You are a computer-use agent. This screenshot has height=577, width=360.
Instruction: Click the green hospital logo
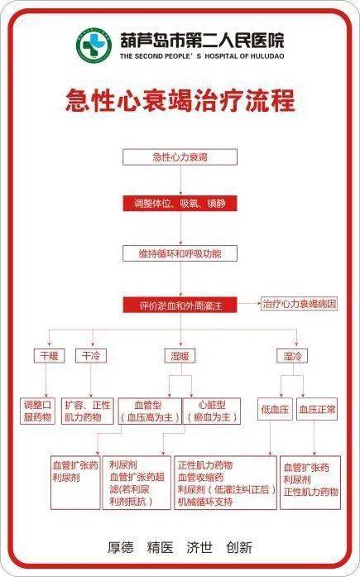(94, 46)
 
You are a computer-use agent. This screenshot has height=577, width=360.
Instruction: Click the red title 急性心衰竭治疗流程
(180, 100)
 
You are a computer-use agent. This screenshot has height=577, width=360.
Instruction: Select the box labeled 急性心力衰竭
(180, 157)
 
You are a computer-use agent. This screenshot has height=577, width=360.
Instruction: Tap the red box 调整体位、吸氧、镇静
(180, 203)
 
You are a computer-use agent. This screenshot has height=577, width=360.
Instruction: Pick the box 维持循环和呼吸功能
(180, 253)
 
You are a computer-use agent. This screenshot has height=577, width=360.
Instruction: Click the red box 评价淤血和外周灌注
(180, 305)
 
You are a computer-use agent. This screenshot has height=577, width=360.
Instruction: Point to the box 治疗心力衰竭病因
(299, 304)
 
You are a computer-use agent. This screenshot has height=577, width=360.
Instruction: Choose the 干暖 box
(50, 356)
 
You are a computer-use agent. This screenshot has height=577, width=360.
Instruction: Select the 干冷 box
(91, 356)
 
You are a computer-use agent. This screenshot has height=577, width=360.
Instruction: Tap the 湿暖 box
(180, 356)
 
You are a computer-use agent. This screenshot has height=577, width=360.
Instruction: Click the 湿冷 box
(292, 356)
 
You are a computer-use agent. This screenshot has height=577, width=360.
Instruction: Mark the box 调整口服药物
(37, 411)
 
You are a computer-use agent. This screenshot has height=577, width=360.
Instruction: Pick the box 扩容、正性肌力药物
(88, 411)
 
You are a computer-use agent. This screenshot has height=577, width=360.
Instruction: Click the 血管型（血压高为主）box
(150, 411)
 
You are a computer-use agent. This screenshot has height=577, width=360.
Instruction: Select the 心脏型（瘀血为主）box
(212, 411)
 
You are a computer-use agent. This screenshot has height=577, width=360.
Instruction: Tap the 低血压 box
(275, 409)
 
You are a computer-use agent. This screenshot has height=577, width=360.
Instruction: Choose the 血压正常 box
(317, 409)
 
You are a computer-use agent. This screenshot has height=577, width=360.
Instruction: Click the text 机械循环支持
(205, 502)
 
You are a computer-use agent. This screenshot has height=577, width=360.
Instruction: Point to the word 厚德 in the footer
(121, 547)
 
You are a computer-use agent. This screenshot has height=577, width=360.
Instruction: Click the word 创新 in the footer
(239, 547)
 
